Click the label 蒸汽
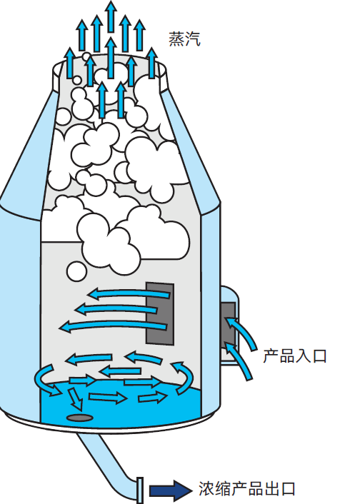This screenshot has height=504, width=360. [x=185, y=39]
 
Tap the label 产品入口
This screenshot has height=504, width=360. [x=295, y=356]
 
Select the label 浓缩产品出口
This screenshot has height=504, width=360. [x=246, y=489]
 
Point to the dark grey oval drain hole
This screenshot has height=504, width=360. [x=79, y=418]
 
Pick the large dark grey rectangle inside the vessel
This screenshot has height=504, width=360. [x=160, y=313]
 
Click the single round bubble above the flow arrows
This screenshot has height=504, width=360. [x=76, y=271]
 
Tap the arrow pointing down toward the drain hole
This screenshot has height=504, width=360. [x=76, y=399]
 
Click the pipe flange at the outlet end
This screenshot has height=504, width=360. [x=140, y=490]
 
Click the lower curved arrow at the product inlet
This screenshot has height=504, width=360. [x=240, y=360]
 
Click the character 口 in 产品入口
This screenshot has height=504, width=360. [x=319, y=356]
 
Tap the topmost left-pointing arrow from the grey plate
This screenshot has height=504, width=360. [x=128, y=293]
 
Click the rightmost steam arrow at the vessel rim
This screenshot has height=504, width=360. [x=151, y=63]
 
